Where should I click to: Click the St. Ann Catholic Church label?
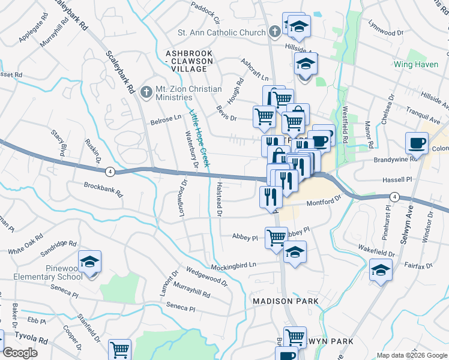221,32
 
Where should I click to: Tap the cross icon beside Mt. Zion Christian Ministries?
145,93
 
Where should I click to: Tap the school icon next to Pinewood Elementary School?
89,262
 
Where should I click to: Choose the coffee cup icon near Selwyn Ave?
417,143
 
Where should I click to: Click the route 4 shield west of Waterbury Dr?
109,172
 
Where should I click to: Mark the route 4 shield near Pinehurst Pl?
394,196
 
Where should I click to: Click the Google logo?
20,353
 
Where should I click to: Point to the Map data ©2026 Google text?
411,355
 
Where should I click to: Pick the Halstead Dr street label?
219,199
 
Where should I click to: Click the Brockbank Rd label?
103,190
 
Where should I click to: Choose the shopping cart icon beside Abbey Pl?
276,237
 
